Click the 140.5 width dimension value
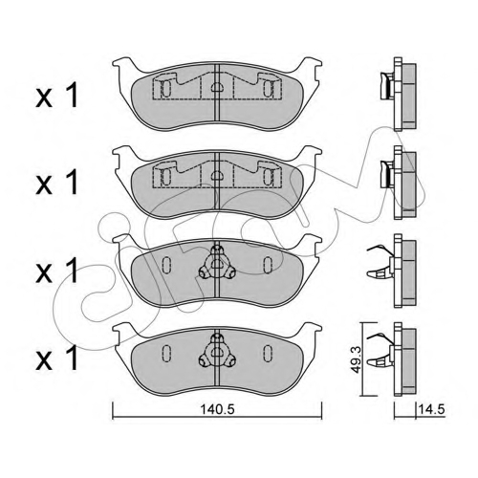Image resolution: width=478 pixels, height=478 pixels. tap(217, 409)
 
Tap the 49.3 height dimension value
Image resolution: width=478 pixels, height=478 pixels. tap(357, 359)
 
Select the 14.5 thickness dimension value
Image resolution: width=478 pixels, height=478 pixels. tap(432, 409)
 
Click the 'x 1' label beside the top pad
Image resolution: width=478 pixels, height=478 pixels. tap(56, 96)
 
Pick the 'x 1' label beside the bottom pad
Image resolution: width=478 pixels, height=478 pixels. tap(56, 358)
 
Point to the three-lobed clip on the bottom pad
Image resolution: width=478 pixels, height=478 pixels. tap(217, 352)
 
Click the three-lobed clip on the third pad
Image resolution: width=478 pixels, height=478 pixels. tap(217, 263)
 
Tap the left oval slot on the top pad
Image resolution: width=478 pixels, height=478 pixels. tap(166, 88)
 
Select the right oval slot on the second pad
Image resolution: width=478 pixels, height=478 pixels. tap(268, 177)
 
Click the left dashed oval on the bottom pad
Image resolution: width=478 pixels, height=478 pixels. tap(166, 354)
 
